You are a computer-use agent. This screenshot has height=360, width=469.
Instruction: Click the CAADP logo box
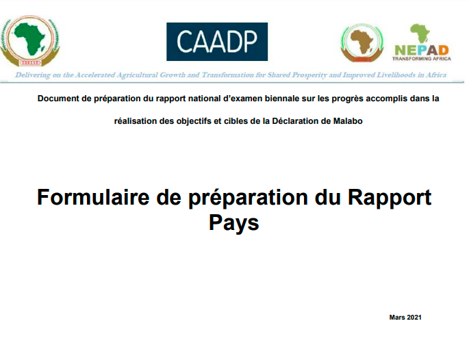(217, 42)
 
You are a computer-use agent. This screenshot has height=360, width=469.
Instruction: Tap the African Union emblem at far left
(29, 41)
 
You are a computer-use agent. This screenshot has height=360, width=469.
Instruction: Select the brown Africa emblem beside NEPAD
(362, 43)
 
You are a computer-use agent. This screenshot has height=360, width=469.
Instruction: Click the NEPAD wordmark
(422, 50)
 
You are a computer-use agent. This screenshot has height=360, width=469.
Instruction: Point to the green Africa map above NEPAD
(420, 34)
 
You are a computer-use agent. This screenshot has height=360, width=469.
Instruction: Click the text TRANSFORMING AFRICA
(422, 59)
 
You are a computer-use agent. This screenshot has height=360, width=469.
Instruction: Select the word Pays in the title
(234, 223)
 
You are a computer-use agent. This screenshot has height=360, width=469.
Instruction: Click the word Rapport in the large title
(389, 198)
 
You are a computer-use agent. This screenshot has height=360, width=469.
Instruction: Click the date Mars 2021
(405, 318)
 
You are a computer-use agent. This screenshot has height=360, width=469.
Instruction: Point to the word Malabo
(348, 121)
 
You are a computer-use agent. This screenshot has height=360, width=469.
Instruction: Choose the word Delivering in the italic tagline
(33, 75)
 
